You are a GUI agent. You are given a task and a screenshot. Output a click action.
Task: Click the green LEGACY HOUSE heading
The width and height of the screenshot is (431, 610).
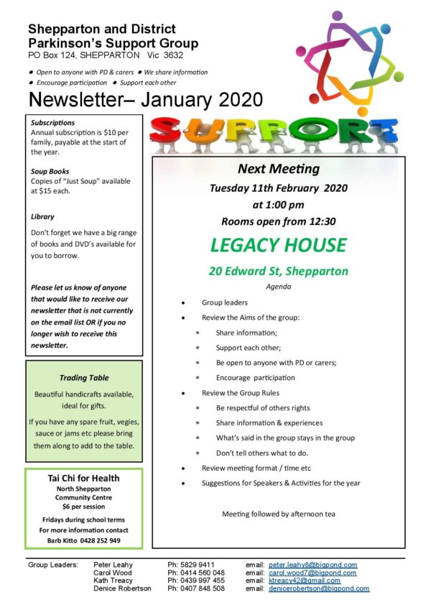pos(278,245)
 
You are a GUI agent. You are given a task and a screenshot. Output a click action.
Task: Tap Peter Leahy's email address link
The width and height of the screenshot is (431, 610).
pos(312,565)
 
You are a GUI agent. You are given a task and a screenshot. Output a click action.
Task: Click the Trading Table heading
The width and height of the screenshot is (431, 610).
pos(83,378)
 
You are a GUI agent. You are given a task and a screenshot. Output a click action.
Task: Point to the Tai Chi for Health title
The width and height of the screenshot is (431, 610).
pos(83,478)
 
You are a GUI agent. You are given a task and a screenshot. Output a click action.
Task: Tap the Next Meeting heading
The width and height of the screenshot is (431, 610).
pos(278,170)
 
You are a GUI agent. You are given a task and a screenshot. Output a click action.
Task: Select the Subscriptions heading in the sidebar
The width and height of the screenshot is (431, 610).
pos(53,123)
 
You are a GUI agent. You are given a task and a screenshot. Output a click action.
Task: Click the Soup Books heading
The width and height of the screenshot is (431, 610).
pos(50,172)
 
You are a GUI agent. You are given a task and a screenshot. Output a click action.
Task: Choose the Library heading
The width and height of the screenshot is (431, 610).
pos(42,216)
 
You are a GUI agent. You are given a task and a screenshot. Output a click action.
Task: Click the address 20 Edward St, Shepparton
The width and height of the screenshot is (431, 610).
pos(278,272)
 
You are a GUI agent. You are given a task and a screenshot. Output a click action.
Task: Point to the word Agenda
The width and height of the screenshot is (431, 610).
pos(278,286)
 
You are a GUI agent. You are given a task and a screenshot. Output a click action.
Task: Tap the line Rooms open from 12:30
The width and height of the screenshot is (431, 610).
pos(278,221)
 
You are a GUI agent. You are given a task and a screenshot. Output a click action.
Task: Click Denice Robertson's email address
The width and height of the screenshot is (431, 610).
pos(319,588)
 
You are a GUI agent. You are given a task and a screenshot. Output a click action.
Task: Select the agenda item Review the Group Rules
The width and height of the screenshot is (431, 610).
pos(241,393)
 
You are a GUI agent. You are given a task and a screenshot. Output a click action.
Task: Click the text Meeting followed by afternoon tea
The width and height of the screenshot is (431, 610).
pos(278,514)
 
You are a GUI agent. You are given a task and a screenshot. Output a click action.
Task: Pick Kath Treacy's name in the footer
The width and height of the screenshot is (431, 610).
pos(113,581)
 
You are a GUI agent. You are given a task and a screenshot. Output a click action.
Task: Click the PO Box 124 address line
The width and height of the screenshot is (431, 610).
pos(106,55)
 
